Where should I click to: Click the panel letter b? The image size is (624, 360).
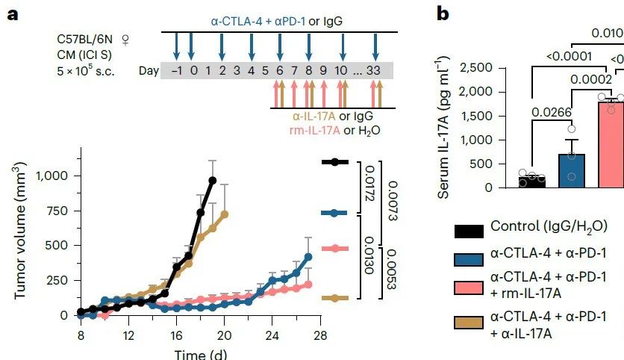443,13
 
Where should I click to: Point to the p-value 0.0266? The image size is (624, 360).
552,114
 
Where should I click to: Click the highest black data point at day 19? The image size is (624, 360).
213,180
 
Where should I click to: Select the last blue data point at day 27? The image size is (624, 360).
308,257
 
